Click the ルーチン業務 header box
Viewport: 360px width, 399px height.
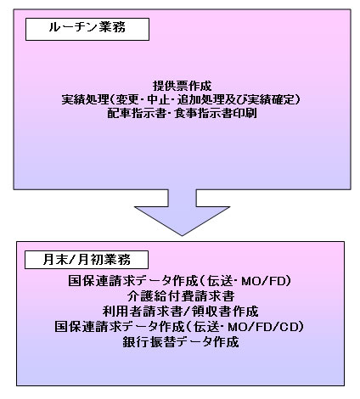(87, 29)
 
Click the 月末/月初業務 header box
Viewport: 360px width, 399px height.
(87, 260)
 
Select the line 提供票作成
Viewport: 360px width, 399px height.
(182, 86)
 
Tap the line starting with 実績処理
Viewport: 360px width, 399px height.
(181, 99)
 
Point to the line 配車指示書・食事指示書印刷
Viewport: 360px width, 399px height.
(182, 113)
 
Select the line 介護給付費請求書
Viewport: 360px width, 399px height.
(181, 296)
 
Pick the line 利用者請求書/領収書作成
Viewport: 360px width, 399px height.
(181, 312)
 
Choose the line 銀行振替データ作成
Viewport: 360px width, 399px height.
(181, 342)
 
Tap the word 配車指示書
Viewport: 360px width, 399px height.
(137, 113)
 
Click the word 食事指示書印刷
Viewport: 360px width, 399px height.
(216, 113)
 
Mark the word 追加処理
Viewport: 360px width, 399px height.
(200, 99)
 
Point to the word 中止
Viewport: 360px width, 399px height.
(159, 99)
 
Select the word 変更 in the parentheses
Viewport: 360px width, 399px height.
(127, 99)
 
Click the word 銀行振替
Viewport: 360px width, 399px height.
(146, 342)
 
